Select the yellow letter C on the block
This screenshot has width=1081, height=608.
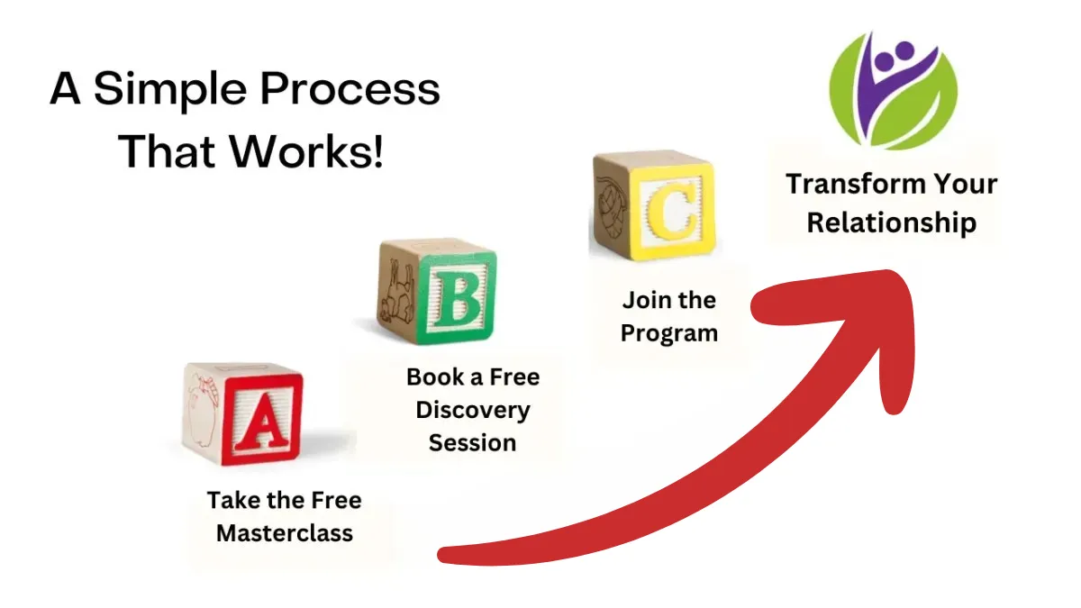(672, 212)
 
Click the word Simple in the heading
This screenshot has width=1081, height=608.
(170, 90)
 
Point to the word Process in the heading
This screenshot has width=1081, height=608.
(350, 89)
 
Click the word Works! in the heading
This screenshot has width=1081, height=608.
(306, 150)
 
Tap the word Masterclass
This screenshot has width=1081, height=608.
(285, 533)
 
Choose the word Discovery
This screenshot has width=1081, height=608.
(473, 411)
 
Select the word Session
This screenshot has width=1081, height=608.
(472, 443)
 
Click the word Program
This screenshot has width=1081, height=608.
(669, 334)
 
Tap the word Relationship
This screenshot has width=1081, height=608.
(892, 223)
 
